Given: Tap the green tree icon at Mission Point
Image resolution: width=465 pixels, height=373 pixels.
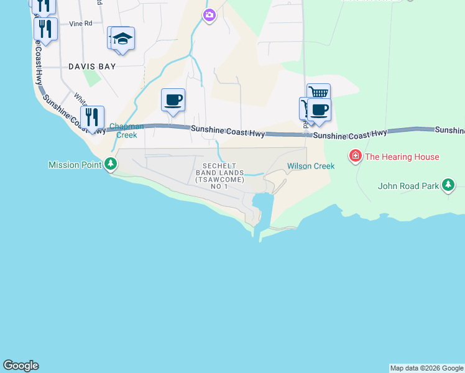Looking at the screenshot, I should pos(111,164).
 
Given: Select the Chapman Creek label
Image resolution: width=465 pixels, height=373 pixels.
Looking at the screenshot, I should pos(127,131).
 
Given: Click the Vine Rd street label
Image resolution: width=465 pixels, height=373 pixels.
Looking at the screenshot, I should pos(81,24).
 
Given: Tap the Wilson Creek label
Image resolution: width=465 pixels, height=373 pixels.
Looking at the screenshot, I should pos(311,166).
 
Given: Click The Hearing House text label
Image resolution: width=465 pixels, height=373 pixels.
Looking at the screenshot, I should pos(402,157).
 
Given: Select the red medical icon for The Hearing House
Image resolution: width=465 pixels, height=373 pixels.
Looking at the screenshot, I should pos(356,155).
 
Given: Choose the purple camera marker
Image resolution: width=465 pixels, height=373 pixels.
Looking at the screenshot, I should pos(209,15).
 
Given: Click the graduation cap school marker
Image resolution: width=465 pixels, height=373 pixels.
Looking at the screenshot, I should pos(123,39).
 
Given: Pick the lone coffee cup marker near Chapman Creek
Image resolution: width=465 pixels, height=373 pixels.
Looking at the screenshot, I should pos(173,99).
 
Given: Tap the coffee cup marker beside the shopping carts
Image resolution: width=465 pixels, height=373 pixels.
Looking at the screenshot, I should pos(320,109).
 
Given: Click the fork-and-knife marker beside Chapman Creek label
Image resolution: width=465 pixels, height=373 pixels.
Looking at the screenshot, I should pos(92,117).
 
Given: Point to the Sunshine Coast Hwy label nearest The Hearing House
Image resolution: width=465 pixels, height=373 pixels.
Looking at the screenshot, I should pos(350,135).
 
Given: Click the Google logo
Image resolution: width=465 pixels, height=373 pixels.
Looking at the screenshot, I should pos(21,366).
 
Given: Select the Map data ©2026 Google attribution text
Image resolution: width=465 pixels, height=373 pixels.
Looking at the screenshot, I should pos(427,368).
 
